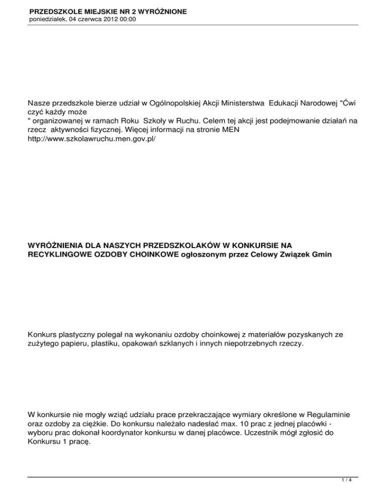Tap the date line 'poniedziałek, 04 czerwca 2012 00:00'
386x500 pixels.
[x=83, y=19]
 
